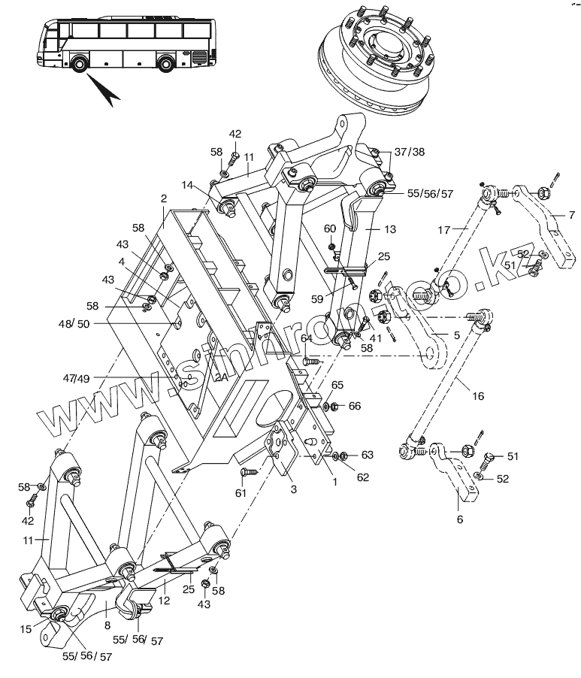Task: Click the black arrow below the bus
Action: coord(106,91)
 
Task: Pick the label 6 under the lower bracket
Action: coord(460,519)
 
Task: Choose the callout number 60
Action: coord(329,229)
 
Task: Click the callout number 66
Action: coord(354,406)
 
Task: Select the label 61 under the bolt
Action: coord(241,492)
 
